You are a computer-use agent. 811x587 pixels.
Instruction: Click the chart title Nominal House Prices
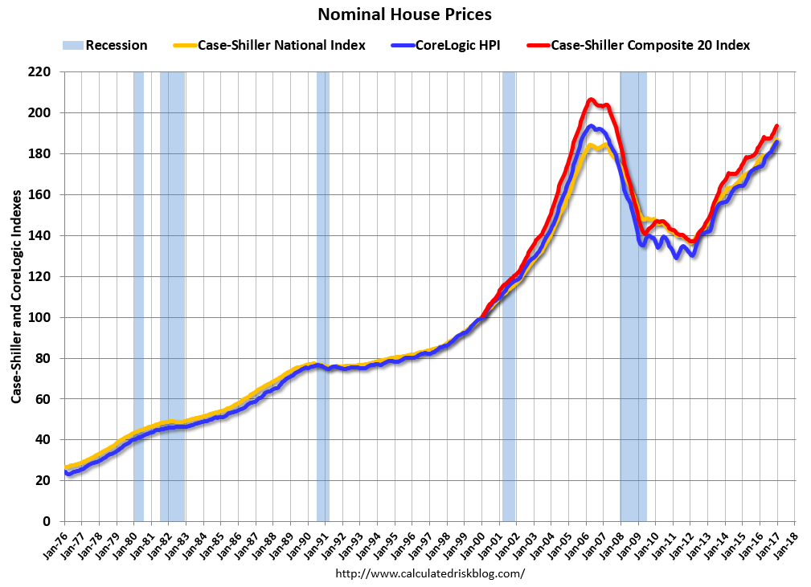pos(404,14)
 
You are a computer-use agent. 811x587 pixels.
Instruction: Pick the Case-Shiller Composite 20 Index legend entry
pos(649,45)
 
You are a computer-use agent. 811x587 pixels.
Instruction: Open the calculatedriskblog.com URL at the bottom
pos(429,573)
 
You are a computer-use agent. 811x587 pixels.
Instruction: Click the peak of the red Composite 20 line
pos(591,100)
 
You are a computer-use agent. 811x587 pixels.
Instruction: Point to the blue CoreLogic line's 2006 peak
pos(591,126)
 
